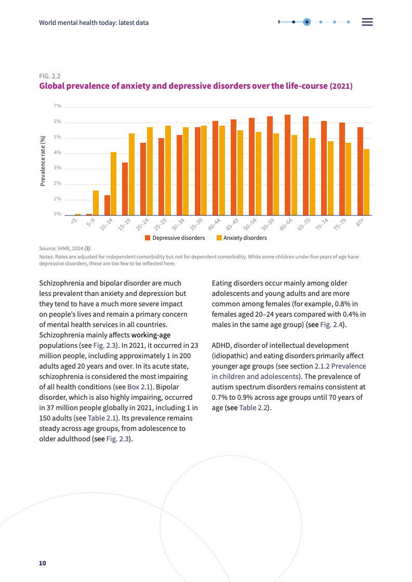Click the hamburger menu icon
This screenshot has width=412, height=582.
click(367, 22)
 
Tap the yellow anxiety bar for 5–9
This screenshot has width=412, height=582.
click(96, 202)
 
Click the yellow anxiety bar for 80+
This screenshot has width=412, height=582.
click(366, 182)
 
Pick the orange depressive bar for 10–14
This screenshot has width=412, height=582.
click(107, 205)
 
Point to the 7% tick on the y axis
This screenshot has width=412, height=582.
click(58, 106)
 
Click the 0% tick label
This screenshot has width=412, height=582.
click(58, 214)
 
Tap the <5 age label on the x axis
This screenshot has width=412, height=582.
click(74, 221)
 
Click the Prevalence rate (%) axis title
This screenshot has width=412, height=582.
click(43, 160)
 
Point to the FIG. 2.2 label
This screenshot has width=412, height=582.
click(50, 76)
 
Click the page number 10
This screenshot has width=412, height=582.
click(43, 563)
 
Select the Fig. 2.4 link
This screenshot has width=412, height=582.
click(331, 324)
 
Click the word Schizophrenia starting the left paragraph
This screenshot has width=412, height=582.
click(63, 283)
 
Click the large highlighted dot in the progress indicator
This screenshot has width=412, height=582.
click(307, 22)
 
